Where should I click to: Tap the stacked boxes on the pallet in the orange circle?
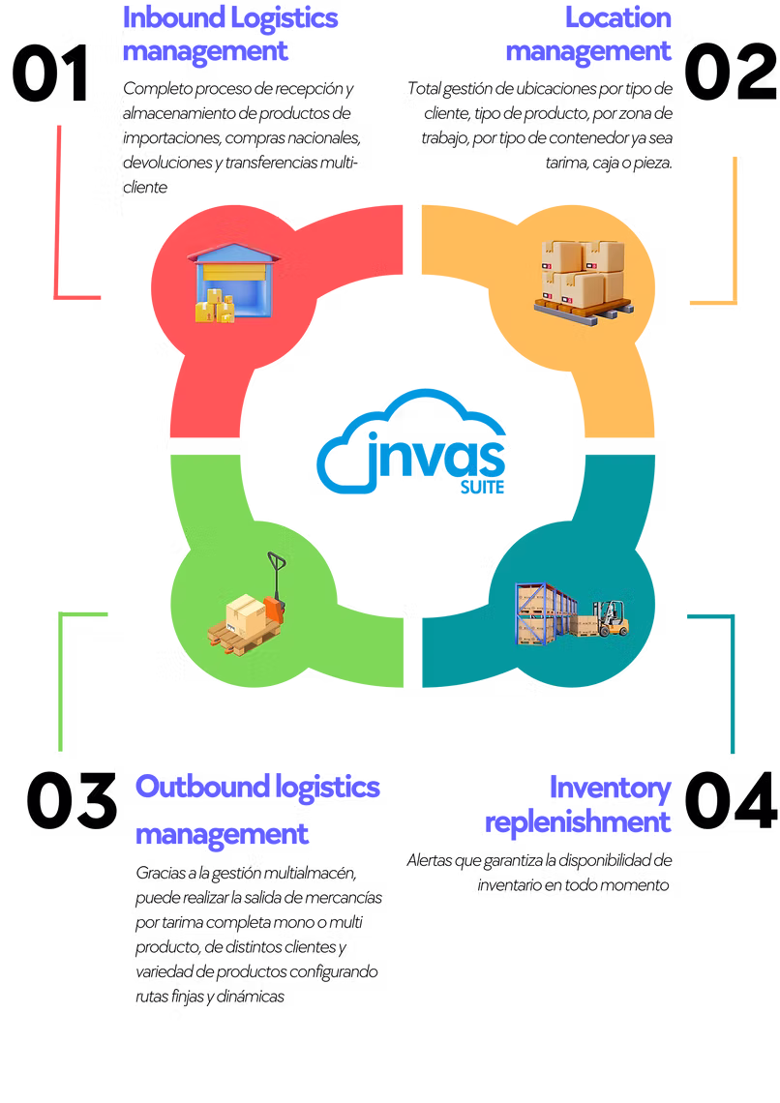click(583, 270)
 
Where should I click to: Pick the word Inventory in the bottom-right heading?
click(610, 788)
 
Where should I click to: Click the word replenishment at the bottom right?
click(579, 823)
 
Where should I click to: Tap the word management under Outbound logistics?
click(222, 834)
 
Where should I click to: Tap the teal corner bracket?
click(731, 677)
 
